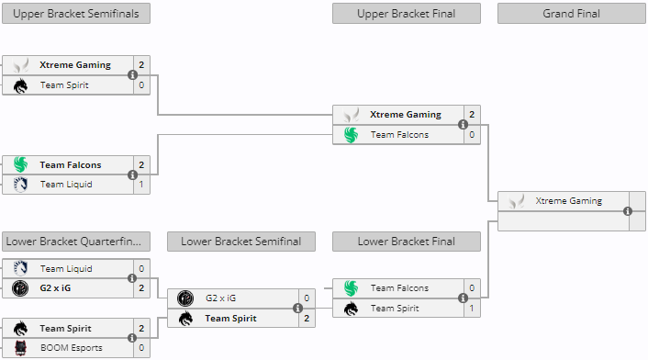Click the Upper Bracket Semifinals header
pyautogui.click(x=76, y=14)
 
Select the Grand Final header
pyautogui.click(x=572, y=14)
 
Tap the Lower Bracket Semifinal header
pyautogui.click(x=241, y=242)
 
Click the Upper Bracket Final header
pyautogui.click(x=407, y=14)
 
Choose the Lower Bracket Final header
pyautogui.click(x=407, y=242)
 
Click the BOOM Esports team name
pyautogui.click(x=72, y=348)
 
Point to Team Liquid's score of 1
pyautogui.click(x=141, y=185)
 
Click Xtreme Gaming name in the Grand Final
pyautogui.click(x=568, y=201)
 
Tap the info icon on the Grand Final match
pyautogui.click(x=628, y=211)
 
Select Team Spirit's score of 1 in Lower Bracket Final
pyautogui.click(x=472, y=309)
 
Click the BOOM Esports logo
pyautogui.click(x=20, y=348)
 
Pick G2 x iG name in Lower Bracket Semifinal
pyautogui.click(x=220, y=298)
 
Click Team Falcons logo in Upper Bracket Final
pyautogui.click(x=351, y=135)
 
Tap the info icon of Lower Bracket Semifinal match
pyautogui.click(x=297, y=309)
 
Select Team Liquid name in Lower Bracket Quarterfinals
pyautogui.click(x=66, y=269)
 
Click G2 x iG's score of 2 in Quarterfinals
pyautogui.click(x=141, y=288)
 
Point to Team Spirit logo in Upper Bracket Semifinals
pyautogui.click(x=20, y=85)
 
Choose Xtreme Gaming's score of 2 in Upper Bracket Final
pyautogui.click(x=472, y=115)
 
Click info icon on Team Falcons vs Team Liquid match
pyautogui.click(x=132, y=174)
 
